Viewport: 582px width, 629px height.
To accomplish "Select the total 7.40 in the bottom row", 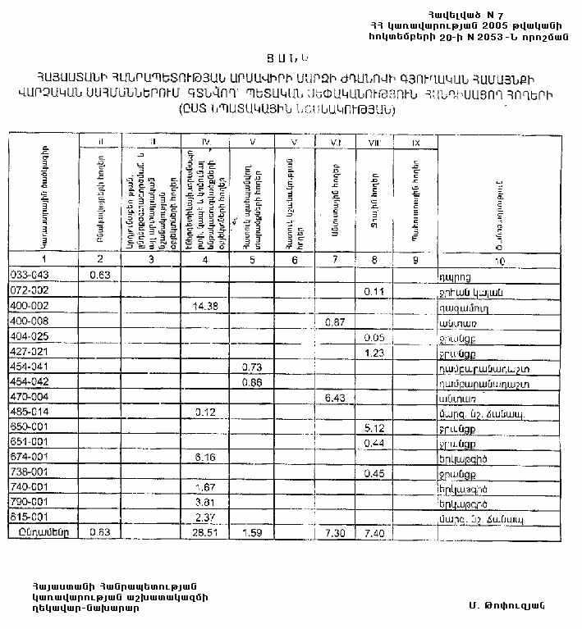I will pos(375,531).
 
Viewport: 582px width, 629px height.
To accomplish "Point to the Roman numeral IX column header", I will pos(415,144).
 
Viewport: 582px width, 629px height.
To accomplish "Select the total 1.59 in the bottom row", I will pos(251,531).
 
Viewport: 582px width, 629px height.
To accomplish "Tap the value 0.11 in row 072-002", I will pos(375,291).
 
